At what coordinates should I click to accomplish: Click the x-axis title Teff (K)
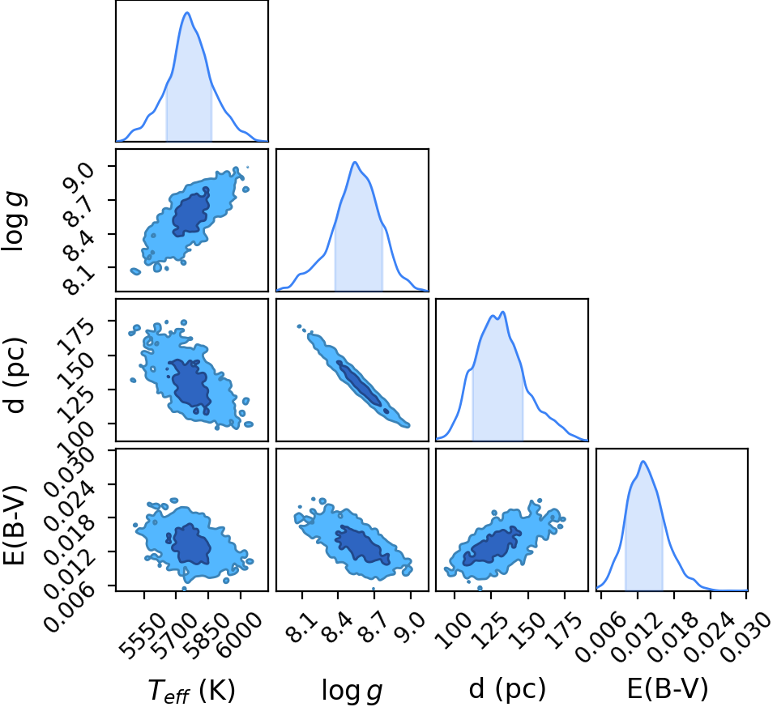[x=192, y=690]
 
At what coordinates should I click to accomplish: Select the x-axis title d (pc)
[x=507, y=688]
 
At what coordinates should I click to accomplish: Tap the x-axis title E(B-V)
[x=668, y=688]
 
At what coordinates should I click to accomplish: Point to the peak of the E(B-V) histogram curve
[x=643, y=462]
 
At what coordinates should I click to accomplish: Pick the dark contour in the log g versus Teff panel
[x=191, y=211]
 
